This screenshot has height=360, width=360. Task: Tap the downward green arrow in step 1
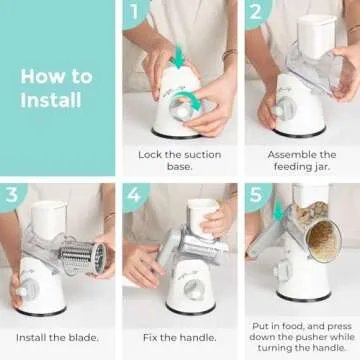coord(177,59)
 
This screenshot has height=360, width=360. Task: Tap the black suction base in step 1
coord(180,131)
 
